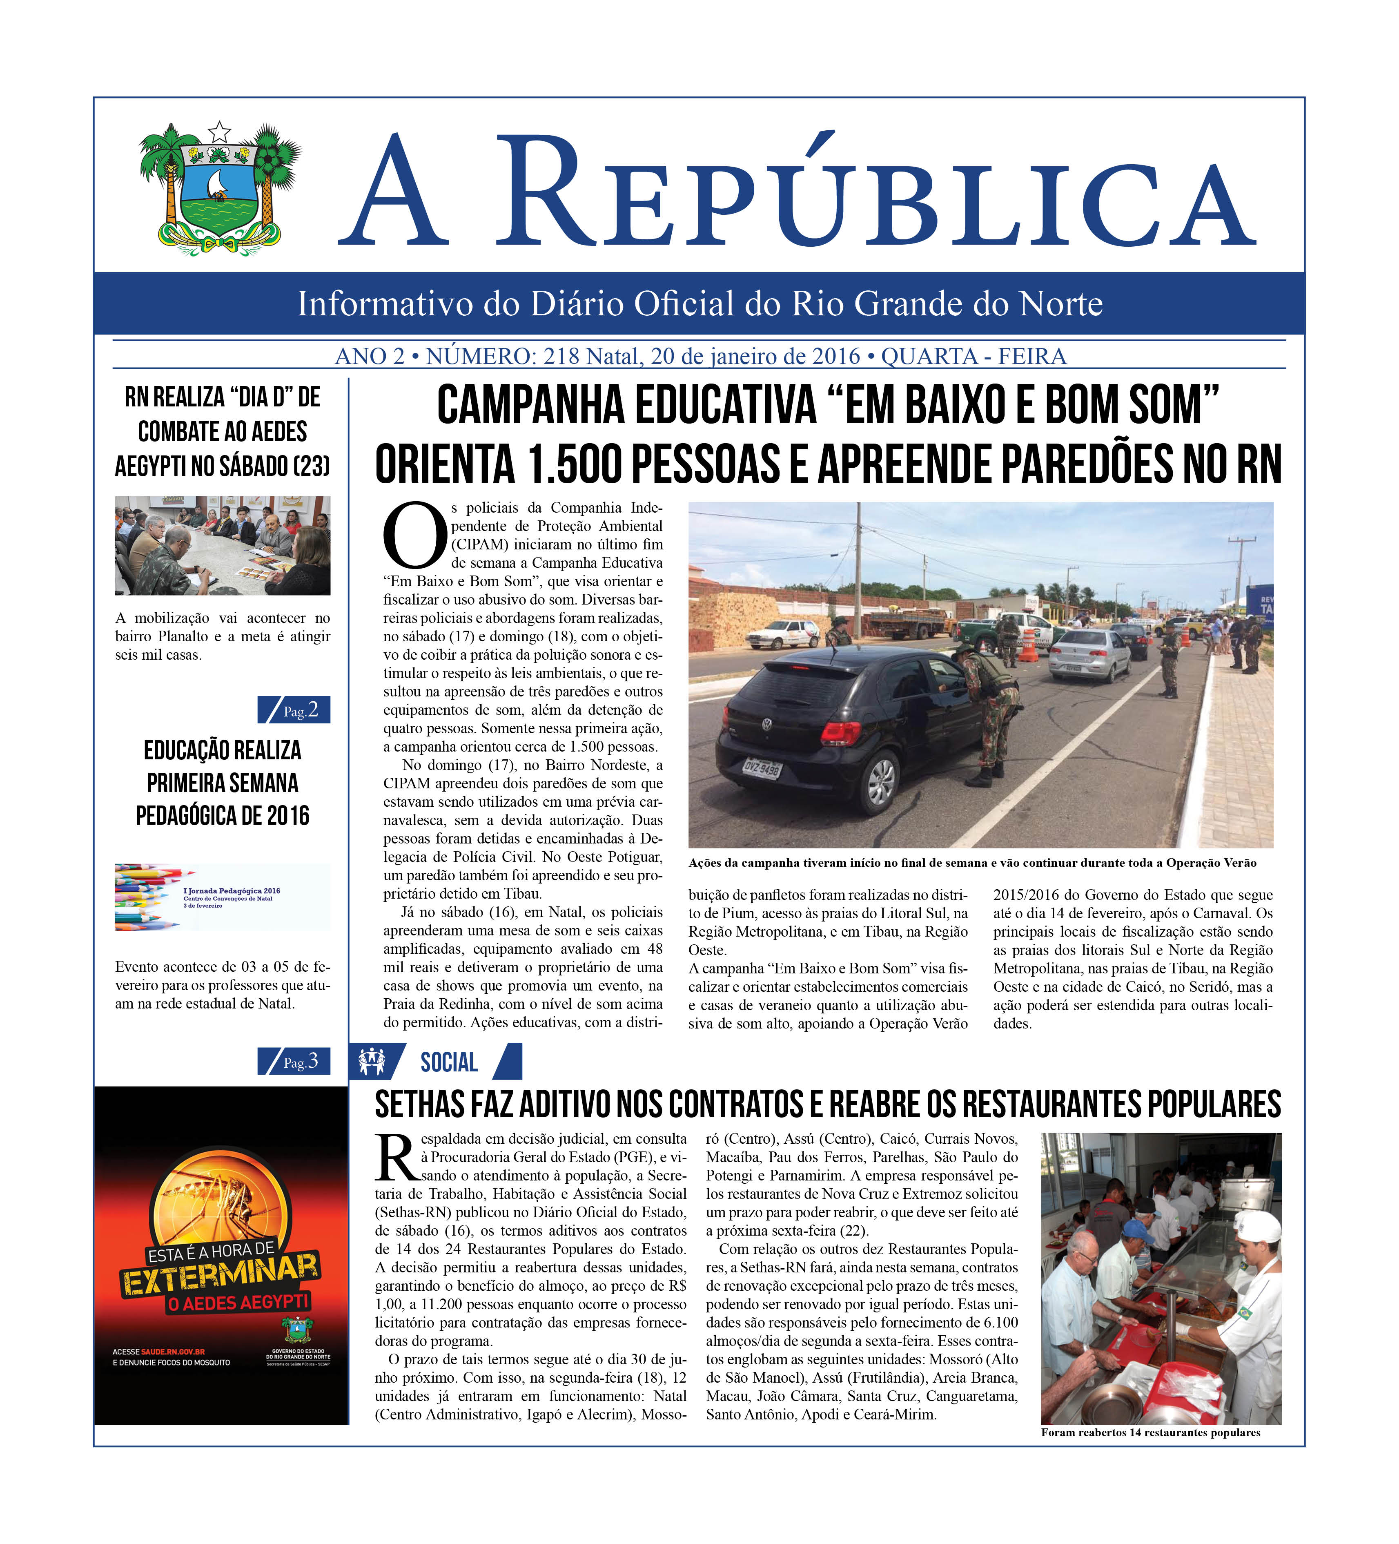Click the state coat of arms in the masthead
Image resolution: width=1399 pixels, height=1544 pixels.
click(220, 187)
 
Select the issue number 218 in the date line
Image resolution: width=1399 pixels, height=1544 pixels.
click(561, 356)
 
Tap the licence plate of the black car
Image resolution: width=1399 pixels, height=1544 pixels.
click(762, 767)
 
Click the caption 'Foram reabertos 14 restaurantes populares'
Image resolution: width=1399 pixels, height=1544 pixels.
click(1150, 1432)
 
